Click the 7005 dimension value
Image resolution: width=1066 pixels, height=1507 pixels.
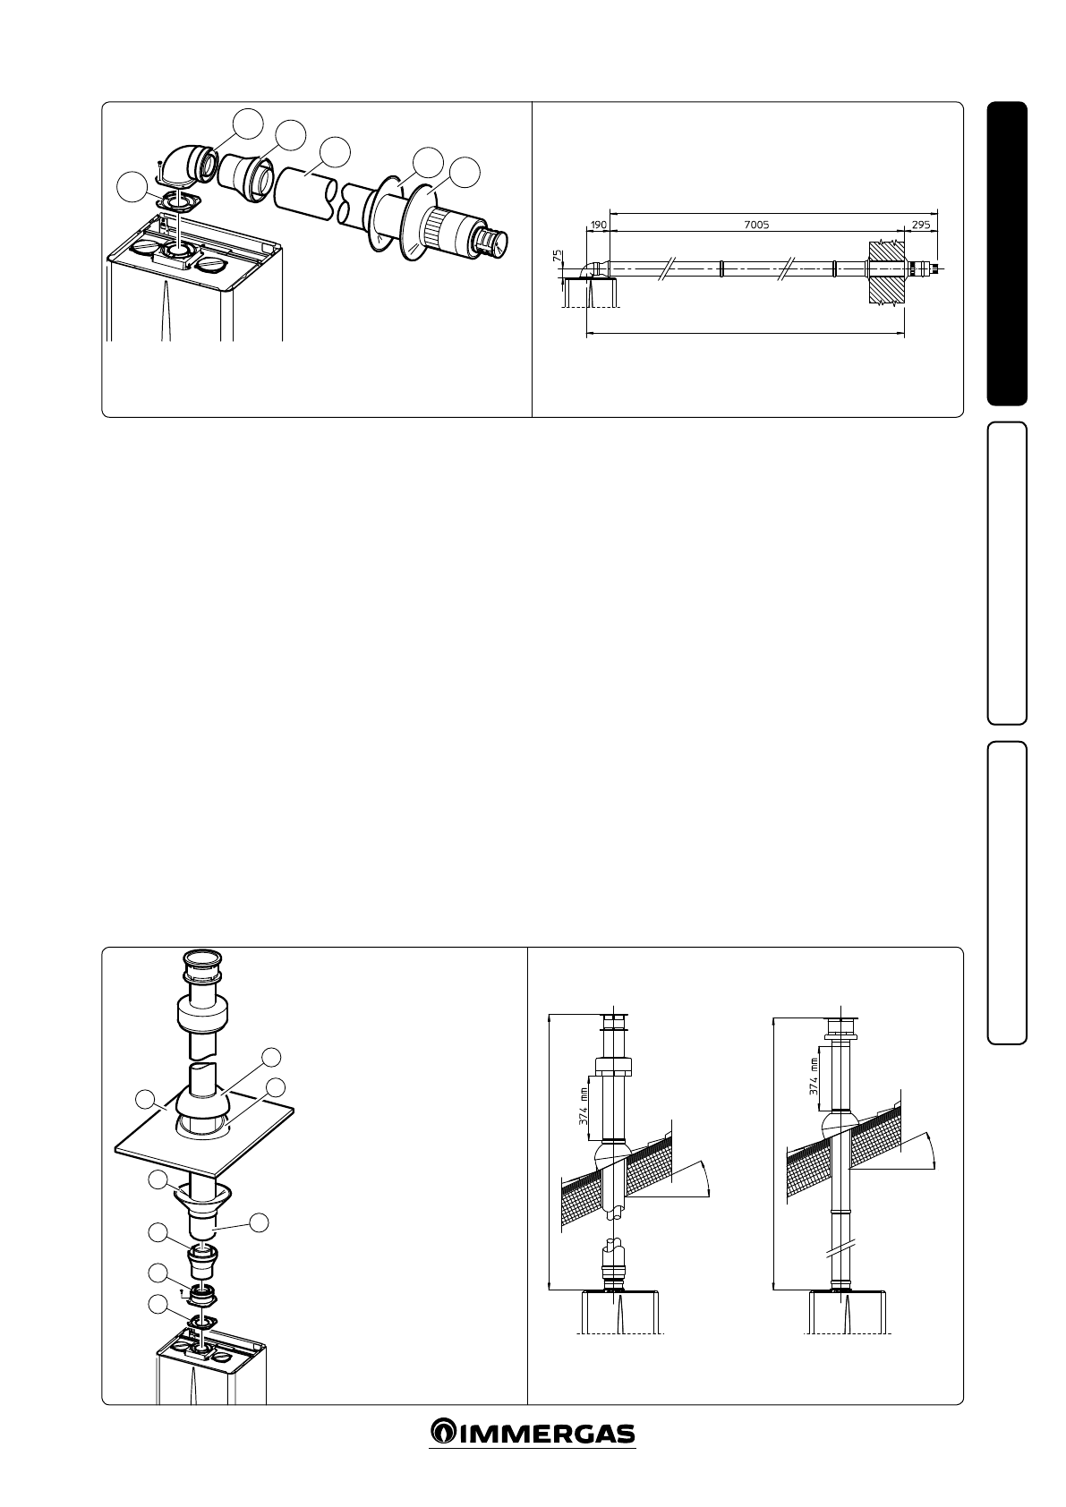[757, 225]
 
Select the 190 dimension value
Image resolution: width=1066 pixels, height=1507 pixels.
[598, 225]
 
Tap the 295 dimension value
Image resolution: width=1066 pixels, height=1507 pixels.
[919, 225]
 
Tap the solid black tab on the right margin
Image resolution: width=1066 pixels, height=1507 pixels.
[1007, 254]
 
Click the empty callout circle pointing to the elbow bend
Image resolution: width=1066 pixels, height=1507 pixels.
[248, 123]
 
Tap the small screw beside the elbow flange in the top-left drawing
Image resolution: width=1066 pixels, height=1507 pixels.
[159, 164]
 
